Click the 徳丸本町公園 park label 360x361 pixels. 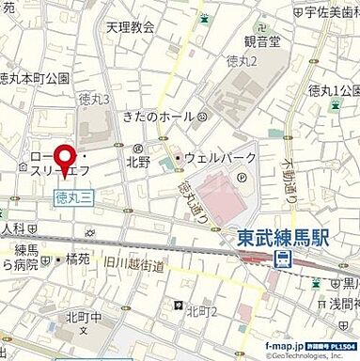[34, 78]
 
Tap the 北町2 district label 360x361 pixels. [202, 311]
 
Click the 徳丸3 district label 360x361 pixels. [95, 99]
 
